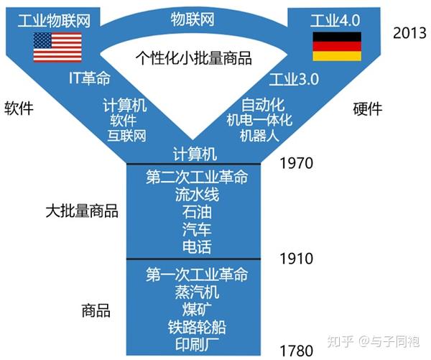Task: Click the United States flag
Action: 57,47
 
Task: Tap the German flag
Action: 337,46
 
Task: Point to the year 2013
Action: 409,33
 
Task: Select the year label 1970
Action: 296,163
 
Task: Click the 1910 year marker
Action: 296,259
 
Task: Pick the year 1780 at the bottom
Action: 296,351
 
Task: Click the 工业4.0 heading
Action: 335,20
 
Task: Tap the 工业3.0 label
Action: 294,79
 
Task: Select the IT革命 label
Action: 90,78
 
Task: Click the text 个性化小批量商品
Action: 193,58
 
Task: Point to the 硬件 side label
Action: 368,109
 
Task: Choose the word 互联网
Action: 126,136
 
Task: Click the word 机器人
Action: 259,135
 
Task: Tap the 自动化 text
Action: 263,105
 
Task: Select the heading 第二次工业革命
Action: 197,177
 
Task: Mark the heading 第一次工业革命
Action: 197,274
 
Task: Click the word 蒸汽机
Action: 197,292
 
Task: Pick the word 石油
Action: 197,212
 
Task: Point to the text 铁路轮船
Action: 197,327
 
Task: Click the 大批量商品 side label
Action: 82,211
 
